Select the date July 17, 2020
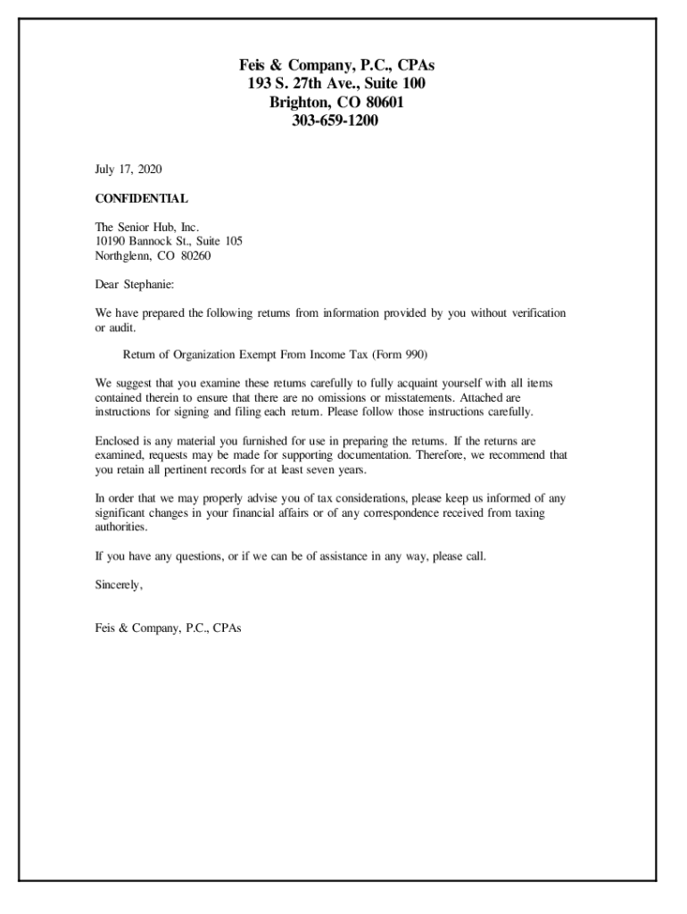coord(128,169)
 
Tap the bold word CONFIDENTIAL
coord(141,198)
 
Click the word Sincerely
coord(119,586)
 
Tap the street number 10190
coord(112,241)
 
